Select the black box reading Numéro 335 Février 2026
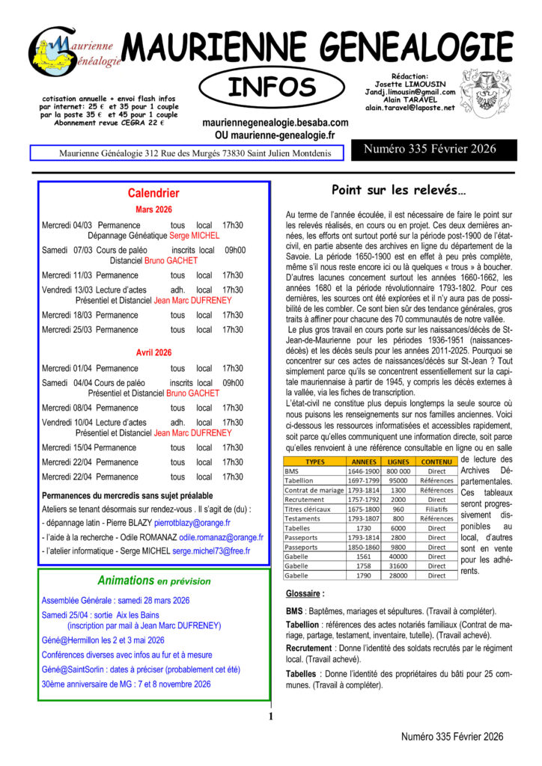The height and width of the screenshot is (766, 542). (x=430, y=150)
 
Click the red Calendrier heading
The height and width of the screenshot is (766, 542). (x=153, y=193)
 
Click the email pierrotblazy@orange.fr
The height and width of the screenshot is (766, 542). (x=192, y=523)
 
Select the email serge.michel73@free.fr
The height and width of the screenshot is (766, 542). (x=211, y=551)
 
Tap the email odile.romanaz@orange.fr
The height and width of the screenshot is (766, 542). (x=221, y=537)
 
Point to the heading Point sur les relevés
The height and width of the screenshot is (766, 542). (x=398, y=189)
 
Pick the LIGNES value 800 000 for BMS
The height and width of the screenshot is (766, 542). (x=398, y=471)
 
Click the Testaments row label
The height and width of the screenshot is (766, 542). (x=302, y=518)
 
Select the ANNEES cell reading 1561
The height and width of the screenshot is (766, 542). (x=364, y=555)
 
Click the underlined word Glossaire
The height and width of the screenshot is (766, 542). (x=305, y=593)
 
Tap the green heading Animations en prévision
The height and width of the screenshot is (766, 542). (x=154, y=580)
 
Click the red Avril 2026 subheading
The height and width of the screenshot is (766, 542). (x=153, y=352)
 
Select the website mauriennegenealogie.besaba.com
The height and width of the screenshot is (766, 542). (x=275, y=122)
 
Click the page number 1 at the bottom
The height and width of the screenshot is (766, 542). (x=270, y=717)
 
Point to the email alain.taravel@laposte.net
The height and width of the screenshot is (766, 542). (x=409, y=108)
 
